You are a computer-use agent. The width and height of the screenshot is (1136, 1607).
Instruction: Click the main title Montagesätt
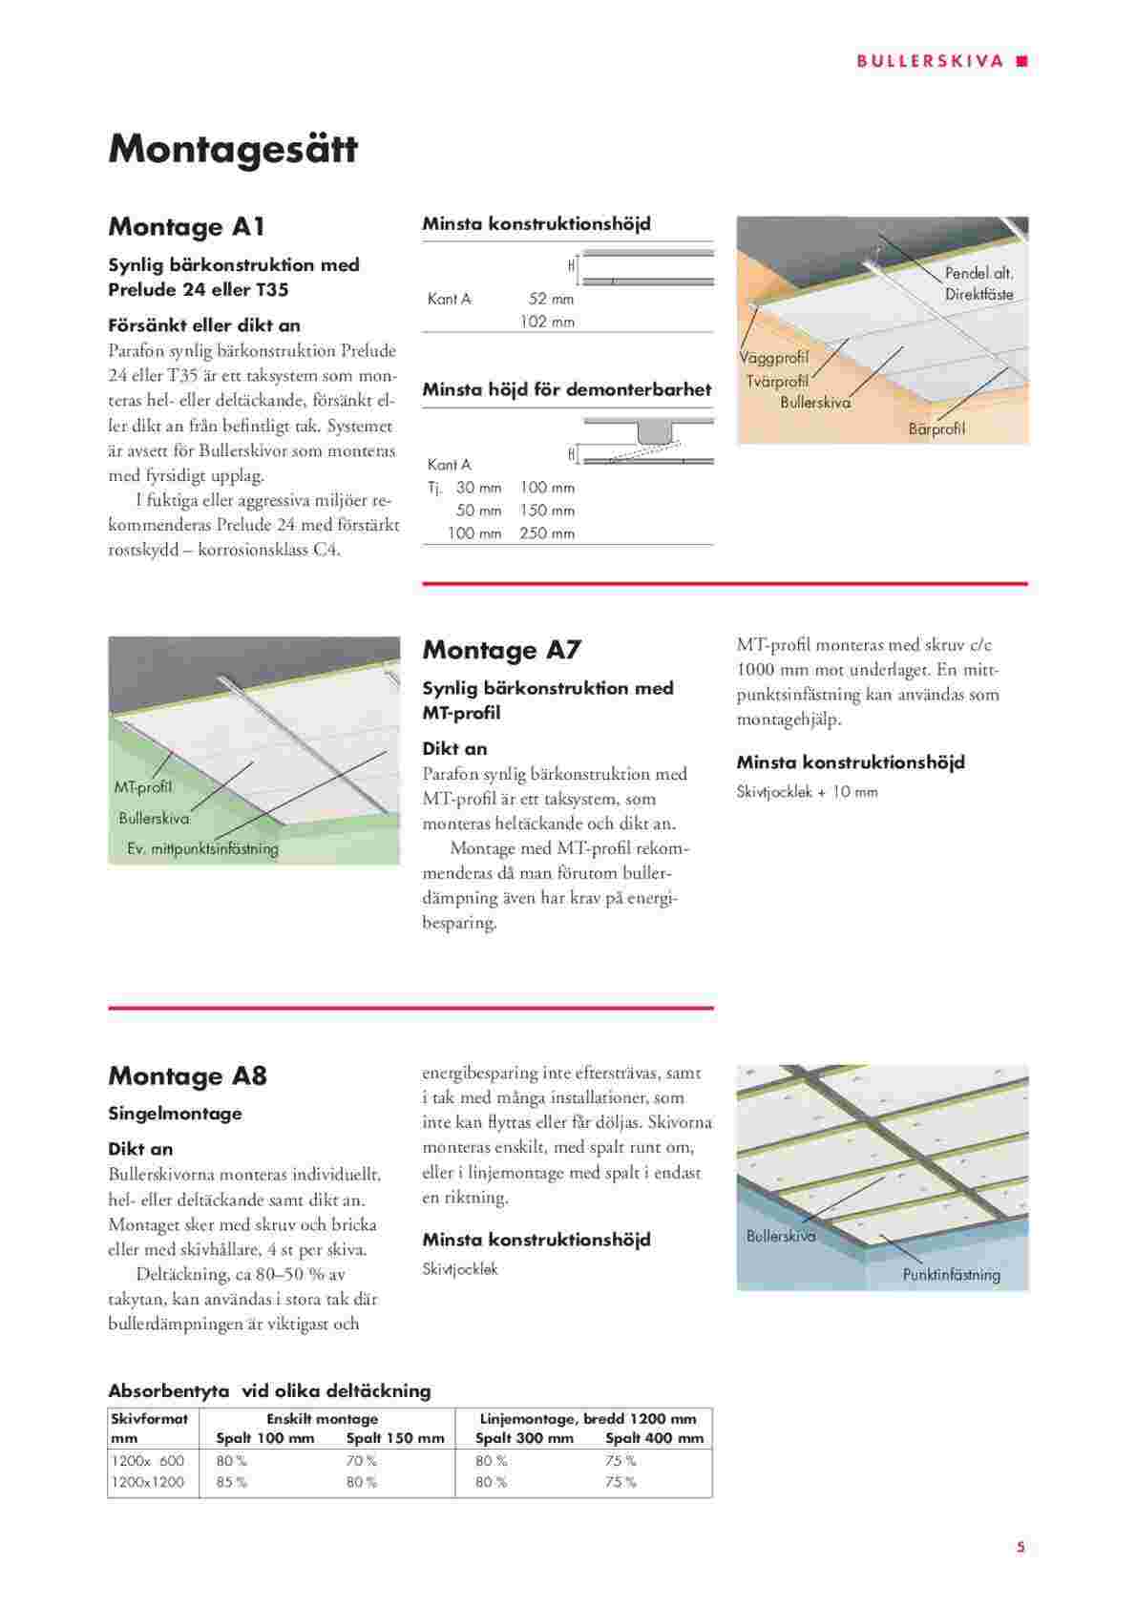click(x=233, y=150)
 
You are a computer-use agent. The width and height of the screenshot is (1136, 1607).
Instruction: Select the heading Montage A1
click(x=186, y=227)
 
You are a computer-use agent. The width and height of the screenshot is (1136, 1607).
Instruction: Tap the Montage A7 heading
click(x=501, y=651)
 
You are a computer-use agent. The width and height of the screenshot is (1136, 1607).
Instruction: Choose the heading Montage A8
click(x=187, y=1076)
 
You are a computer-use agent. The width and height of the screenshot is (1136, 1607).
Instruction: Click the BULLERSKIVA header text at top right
click(x=930, y=61)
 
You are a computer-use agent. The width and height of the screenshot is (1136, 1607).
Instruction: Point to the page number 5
click(x=1020, y=1547)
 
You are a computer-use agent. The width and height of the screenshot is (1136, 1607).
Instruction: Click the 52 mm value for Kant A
click(x=551, y=300)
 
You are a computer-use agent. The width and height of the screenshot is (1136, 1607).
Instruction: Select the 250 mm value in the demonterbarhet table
click(x=547, y=533)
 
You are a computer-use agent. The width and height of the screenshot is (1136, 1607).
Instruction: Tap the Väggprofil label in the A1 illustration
click(x=773, y=358)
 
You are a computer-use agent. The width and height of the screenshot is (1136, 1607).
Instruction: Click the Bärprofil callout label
click(x=936, y=429)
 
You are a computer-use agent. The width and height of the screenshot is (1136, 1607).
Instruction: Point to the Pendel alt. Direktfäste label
click(x=978, y=284)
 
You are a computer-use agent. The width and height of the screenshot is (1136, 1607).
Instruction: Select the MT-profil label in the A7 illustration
click(x=143, y=788)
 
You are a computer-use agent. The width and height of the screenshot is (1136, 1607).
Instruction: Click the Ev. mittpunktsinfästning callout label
click(x=202, y=848)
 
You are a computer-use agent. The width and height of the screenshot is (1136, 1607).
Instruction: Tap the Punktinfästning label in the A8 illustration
click(x=951, y=1275)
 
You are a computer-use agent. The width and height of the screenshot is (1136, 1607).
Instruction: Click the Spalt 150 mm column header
click(x=394, y=1438)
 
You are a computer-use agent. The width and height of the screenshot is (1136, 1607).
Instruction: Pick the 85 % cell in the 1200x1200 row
click(x=232, y=1482)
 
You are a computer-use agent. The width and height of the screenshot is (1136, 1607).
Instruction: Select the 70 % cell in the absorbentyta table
click(x=361, y=1461)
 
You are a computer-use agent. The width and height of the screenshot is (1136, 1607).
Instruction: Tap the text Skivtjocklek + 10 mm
click(x=807, y=792)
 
